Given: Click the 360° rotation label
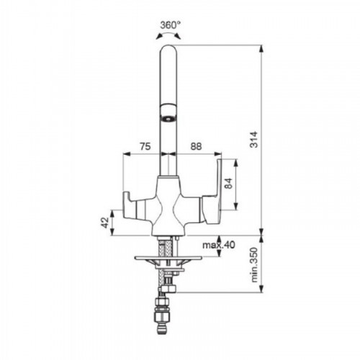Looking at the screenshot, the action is pyautogui.click(x=171, y=25).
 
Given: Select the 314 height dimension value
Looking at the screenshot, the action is pyautogui.click(x=253, y=140).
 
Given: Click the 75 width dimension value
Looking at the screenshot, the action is pyautogui.click(x=145, y=146).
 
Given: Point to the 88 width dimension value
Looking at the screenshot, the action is pyautogui.click(x=196, y=146).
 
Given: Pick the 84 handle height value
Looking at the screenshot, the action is pyautogui.click(x=229, y=184).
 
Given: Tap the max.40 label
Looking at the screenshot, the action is pyautogui.click(x=219, y=245).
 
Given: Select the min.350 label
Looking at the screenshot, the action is pyautogui.click(x=253, y=265).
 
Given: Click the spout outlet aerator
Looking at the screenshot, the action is pyautogui.click(x=168, y=118).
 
